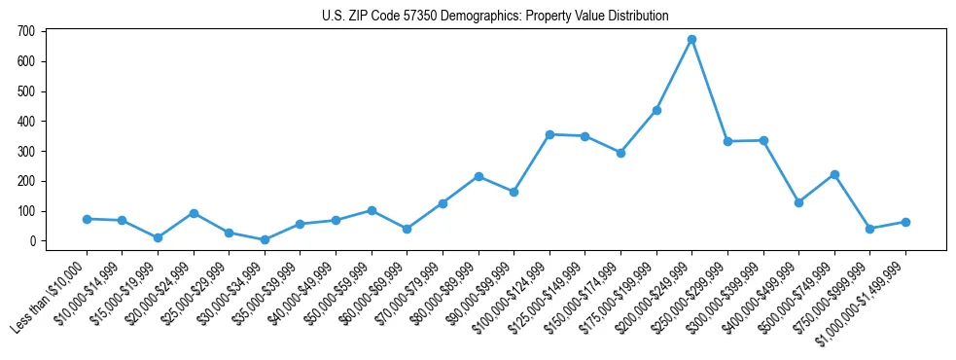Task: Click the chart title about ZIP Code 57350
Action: point(495,16)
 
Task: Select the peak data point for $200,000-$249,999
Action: point(691,40)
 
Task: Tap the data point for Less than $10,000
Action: point(87,219)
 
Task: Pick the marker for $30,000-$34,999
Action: point(265,239)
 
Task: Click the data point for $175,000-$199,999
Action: point(656,110)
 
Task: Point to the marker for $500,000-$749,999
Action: point(834,174)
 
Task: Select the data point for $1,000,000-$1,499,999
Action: point(905,222)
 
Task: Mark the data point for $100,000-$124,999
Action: point(549,134)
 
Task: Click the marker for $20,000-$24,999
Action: point(194,213)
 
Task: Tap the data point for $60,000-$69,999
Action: point(407,229)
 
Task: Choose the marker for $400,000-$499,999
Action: point(798,202)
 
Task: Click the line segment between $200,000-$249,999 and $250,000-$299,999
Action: point(710,91)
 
